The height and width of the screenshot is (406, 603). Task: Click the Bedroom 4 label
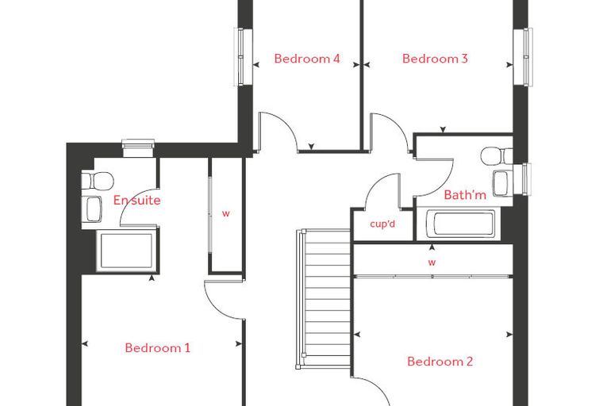pos(307,59)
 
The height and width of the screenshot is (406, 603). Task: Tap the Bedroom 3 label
pos(435,59)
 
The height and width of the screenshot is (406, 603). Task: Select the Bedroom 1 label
pos(158,348)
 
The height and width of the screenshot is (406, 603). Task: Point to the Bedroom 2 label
pos(440,362)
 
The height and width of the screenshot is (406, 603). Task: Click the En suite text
pos(137,201)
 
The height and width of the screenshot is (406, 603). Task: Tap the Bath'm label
pos(465,195)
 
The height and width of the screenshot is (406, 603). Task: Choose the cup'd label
pos(382,224)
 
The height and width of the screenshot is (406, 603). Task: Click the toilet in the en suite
pos(98,181)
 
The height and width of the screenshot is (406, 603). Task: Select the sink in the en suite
pos(94,209)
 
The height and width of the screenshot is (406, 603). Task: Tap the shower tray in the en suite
pos(127,251)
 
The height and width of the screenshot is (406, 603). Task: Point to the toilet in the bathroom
pos(497,155)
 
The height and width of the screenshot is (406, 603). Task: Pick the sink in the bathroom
pos(502,183)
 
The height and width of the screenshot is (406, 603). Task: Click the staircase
pos(324,299)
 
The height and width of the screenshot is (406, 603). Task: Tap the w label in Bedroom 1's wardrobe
pos(226,214)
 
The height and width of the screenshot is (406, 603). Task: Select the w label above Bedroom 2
pos(432,262)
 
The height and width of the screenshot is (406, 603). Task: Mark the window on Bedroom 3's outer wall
pos(523,57)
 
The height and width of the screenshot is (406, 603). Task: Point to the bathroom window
pos(522,179)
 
